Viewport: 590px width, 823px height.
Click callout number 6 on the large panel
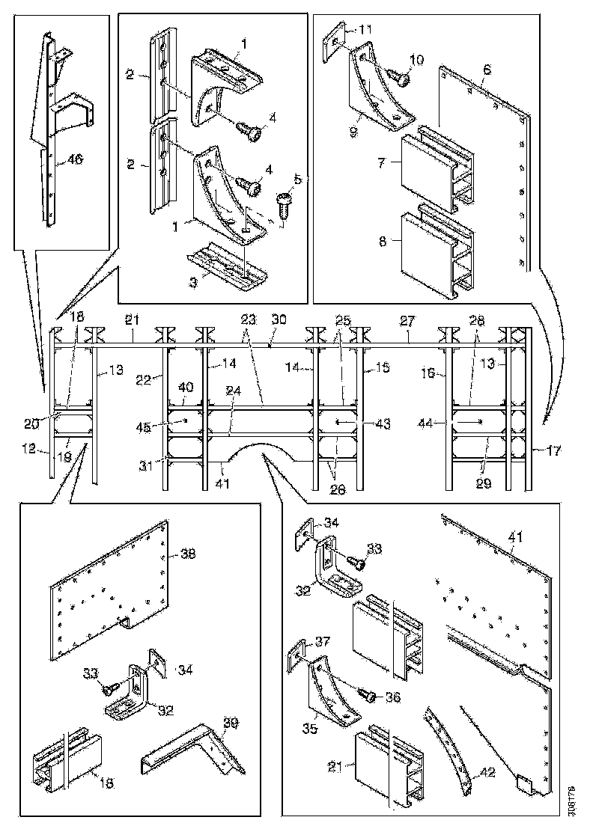point(487,70)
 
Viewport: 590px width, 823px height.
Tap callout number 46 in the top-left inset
point(74,159)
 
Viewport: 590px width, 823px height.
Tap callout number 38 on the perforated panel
point(187,554)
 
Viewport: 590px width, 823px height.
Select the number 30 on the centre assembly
point(278,318)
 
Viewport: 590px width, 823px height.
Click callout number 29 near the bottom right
point(483,484)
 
